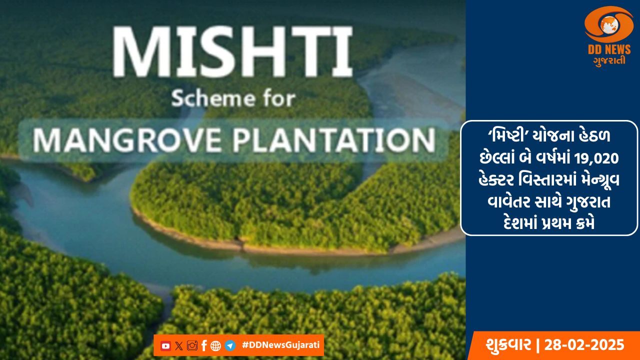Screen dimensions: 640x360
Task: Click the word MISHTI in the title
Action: [x=232, y=51]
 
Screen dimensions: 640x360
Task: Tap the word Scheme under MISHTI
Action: [x=213, y=98]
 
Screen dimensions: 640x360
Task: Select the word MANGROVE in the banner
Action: [x=127, y=140]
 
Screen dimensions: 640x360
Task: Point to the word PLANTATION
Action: [x=335, y=140]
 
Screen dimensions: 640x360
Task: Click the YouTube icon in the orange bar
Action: [x=165, y=345]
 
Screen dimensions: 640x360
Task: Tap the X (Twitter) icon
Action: [x=179, y=345]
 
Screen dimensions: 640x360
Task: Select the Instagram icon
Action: [x=192, y=345]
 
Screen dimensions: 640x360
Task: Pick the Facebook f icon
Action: [x=204, y=345]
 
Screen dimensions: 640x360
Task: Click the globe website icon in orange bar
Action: [x=215, y=346]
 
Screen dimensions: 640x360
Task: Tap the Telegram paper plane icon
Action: [x=230, y=345]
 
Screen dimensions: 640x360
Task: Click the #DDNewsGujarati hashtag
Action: [x=280, y=345]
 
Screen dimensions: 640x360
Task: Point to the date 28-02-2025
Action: [x=584, y=345]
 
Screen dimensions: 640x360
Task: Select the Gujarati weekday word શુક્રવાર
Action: [x=508, y=345]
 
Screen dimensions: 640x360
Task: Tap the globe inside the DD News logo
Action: [x=608, y=24]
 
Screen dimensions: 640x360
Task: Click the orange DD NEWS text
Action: [x=609, y=49]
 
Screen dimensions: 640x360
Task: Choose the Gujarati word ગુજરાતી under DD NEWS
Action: [x=609, y=61]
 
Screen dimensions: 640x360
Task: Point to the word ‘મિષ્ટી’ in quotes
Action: [x=508, y=135]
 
